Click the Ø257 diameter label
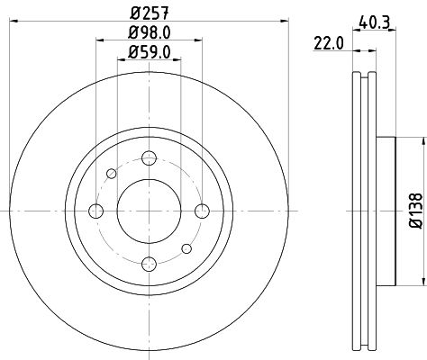point(147,13)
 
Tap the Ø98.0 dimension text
point(147,34)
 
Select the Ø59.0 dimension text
point(147,53)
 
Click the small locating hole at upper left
point(111,173)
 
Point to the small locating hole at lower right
point(186,247)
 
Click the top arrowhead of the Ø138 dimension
point(421,140)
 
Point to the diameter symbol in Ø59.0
point(130,53)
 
